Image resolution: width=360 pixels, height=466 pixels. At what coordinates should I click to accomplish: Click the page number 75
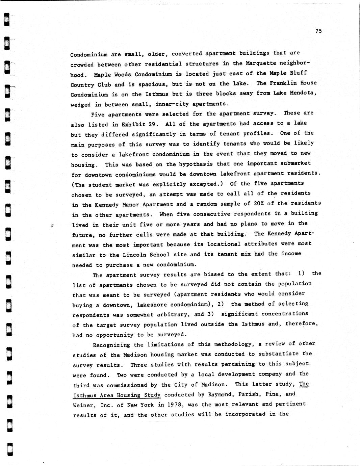(318, 31)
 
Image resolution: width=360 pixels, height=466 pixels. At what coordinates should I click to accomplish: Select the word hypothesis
(196, 164)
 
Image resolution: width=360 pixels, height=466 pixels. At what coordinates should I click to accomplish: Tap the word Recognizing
(111, 345)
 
